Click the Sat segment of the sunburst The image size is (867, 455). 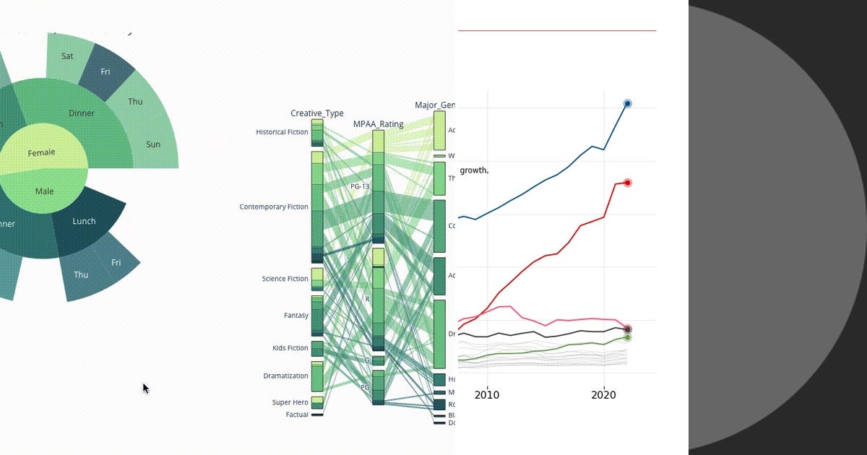click(x=67, y=56)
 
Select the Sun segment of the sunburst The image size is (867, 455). click(x=153, y=144)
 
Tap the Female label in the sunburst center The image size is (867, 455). click(x=42, y=153)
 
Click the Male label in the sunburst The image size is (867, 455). click(x=45, y=191)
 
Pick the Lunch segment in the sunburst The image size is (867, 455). click(x=84, y=221)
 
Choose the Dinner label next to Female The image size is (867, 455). click(x=82, y=113)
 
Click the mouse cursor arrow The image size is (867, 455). click(x=144, y=388)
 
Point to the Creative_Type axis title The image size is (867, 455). click(x=317, y=113)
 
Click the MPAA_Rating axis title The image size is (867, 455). click(x=378, y=124)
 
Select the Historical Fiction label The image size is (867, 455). click(x=282, y=132)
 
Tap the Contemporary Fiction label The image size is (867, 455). click(x=274, y=207)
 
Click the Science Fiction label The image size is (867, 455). click(x=285, y=279)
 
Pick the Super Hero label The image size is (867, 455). click(x=290, y=402)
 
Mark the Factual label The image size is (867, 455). click(x=296, y=415)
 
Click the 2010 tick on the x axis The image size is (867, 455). click(x=487, y=395)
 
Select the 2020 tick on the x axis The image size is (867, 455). click(x=603, y=395)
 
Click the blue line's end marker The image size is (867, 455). click(x=627, y=104)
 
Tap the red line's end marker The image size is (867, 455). click(x=627, y=183)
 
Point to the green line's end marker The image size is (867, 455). click(x=627, y=337)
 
